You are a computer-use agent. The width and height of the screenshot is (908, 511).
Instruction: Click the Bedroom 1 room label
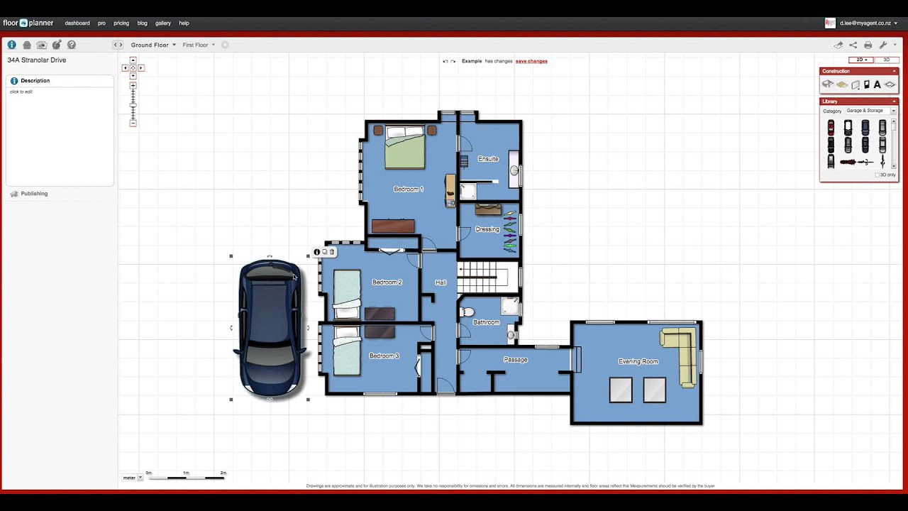coord(408,189)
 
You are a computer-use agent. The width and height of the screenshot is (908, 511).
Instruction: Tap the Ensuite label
coord(488,159)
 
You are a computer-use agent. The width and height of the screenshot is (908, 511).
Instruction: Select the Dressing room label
coord(487,229)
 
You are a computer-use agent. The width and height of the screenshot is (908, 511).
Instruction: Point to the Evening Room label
coord(638,361)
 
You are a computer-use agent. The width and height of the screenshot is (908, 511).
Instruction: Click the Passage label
coord(515,360)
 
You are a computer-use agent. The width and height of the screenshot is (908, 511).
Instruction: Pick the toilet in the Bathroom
coord(466,312)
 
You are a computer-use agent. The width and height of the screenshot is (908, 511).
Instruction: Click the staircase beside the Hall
coord(482,278)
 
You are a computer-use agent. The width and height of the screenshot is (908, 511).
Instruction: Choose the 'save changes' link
coord(531,61)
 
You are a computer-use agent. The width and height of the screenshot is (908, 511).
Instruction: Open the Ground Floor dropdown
coord(153,45)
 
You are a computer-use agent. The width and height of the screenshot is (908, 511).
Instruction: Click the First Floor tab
coord(198,45)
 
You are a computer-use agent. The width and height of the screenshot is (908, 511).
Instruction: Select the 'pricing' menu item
coord(121,23)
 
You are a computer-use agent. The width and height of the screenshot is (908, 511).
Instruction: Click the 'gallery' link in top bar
coord(163,23)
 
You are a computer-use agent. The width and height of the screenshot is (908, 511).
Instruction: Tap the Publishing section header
coord(34,194)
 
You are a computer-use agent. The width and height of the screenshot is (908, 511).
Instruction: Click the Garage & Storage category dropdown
coord(870,111)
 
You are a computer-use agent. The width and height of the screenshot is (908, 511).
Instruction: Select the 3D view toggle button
coord(886,60)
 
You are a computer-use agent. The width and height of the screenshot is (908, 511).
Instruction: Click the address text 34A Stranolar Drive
coord(37,60)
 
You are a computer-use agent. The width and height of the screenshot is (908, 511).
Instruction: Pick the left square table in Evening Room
coord(621,390)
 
